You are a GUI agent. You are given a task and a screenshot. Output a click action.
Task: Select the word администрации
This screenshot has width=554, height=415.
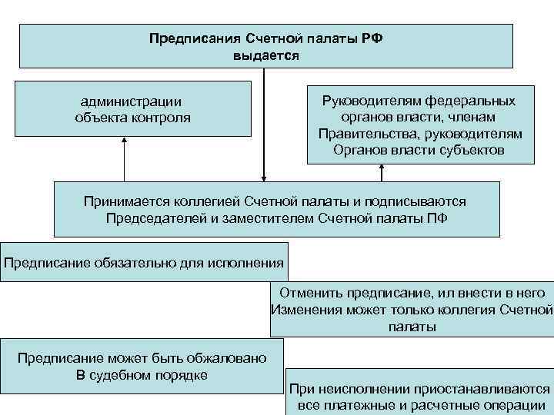tap(132, 101)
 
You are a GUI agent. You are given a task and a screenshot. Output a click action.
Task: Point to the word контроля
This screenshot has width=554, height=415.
tap(159, 118)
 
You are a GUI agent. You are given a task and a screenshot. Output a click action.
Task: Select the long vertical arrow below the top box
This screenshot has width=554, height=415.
tap(264, 123)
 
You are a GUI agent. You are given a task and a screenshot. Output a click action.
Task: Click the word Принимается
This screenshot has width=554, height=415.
tap(121, 201)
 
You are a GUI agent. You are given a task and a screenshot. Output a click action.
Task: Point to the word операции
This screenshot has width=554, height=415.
tap(516, 406)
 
